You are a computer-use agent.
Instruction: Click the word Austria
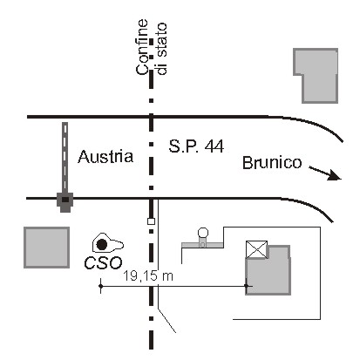(105, 156)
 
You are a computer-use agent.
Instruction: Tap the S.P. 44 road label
(196, 146)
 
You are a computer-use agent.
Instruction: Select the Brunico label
(272, 163)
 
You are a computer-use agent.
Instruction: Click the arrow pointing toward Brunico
(325, 173)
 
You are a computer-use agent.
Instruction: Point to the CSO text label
(103, 263)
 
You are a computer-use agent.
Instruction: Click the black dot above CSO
(102, 245)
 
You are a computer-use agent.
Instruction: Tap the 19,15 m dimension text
(148, 275)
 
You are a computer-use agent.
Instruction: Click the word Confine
(143, 47)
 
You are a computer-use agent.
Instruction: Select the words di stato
(161, 49)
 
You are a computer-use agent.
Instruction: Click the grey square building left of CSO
(46, 248)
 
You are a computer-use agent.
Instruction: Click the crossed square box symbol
(256, 249)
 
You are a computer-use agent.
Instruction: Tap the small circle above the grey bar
(203, 233)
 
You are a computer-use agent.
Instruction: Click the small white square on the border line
(151, 221)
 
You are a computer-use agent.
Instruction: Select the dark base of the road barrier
(65, 201)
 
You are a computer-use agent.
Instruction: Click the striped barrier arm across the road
(65, 157)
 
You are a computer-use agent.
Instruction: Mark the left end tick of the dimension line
(100, 286)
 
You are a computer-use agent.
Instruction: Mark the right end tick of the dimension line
(247, 286)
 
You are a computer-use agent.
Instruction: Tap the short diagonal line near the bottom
(166, 321)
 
